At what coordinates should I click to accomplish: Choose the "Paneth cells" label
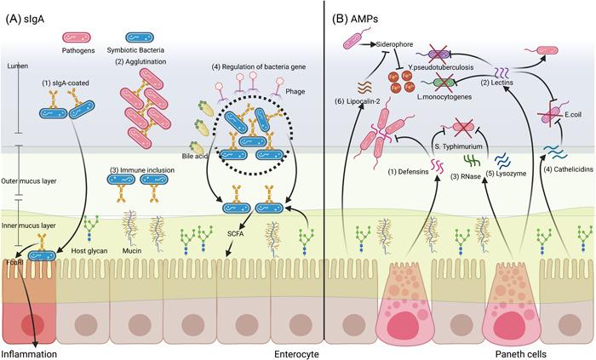[x=525, y=352]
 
